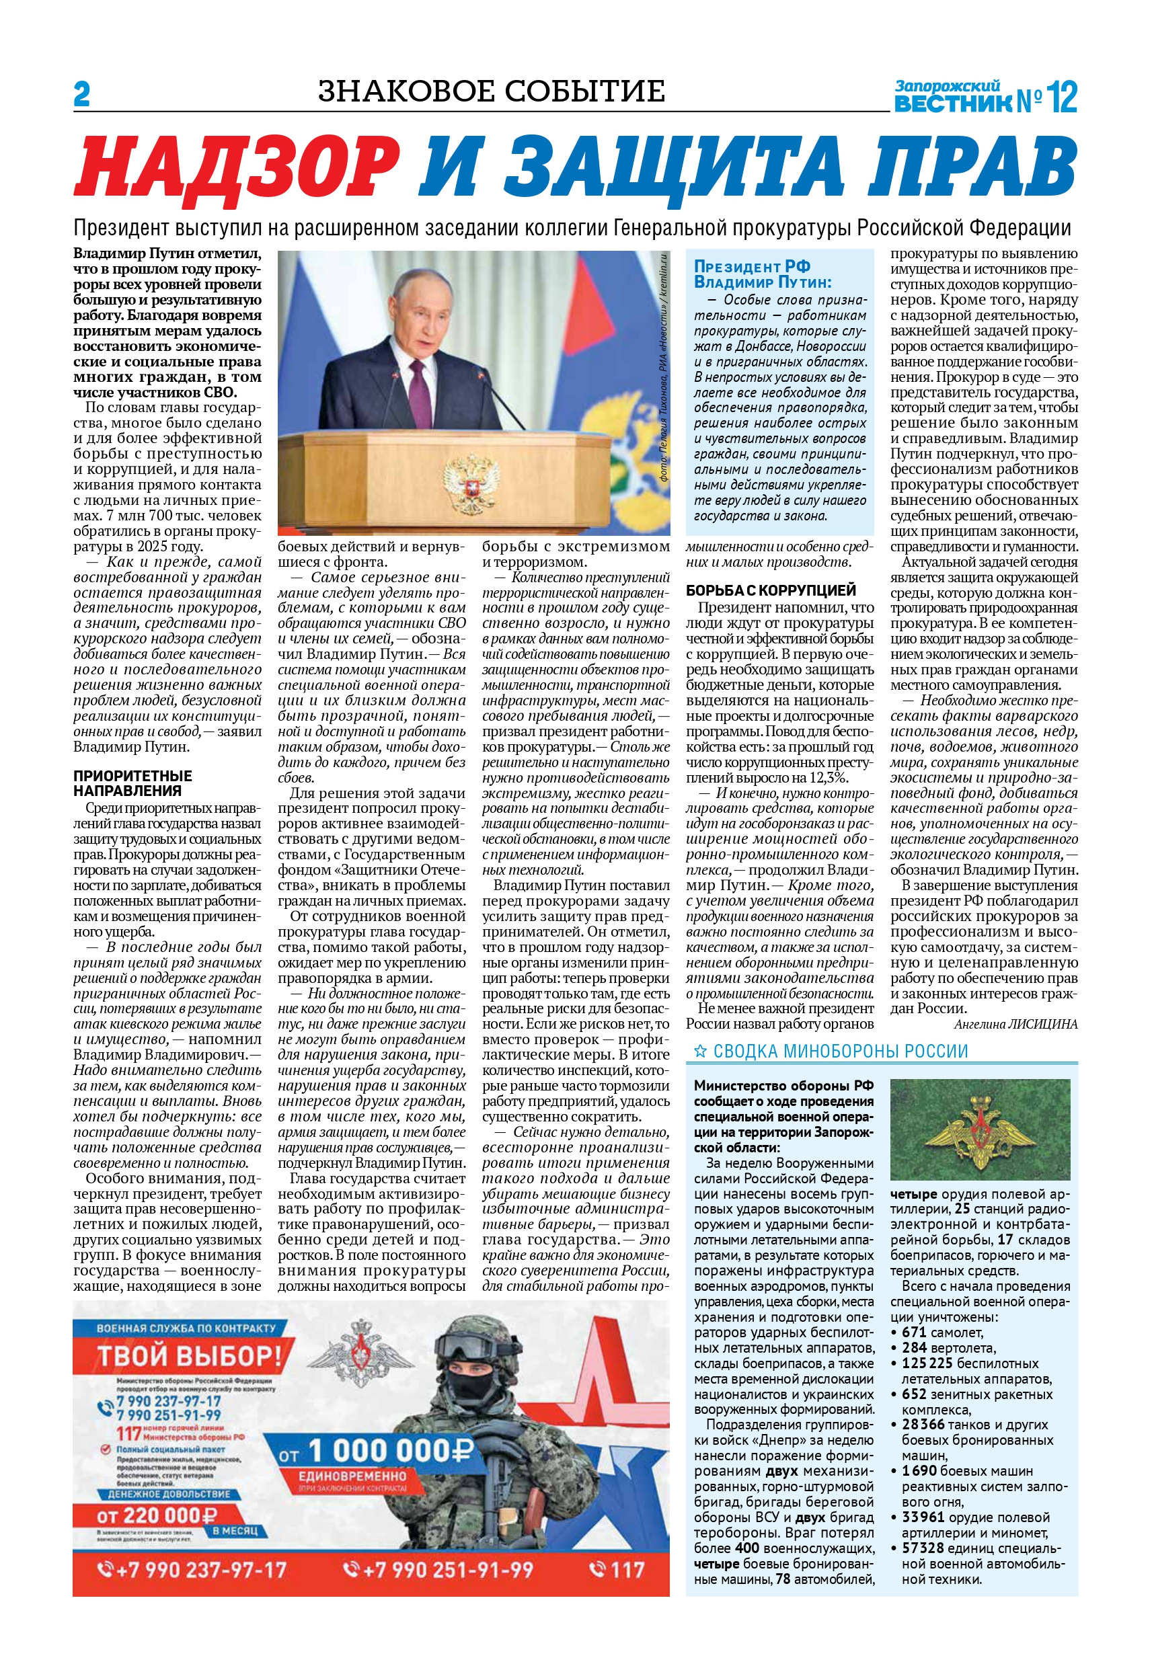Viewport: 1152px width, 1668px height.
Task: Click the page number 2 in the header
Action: coord(81,95)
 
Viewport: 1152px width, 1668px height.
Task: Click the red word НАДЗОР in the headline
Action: coord(238,168)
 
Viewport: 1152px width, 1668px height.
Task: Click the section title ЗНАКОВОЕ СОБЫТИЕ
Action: coord(492,91)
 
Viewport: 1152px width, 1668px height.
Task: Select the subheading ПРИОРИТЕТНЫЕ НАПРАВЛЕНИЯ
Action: coord(132,783)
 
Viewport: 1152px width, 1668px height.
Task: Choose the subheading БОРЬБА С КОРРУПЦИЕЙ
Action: coord(770,590)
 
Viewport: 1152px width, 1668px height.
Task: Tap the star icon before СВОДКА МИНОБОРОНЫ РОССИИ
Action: coord(699,1052)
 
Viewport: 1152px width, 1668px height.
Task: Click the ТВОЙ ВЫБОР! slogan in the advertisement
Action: coord(189,1355)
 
